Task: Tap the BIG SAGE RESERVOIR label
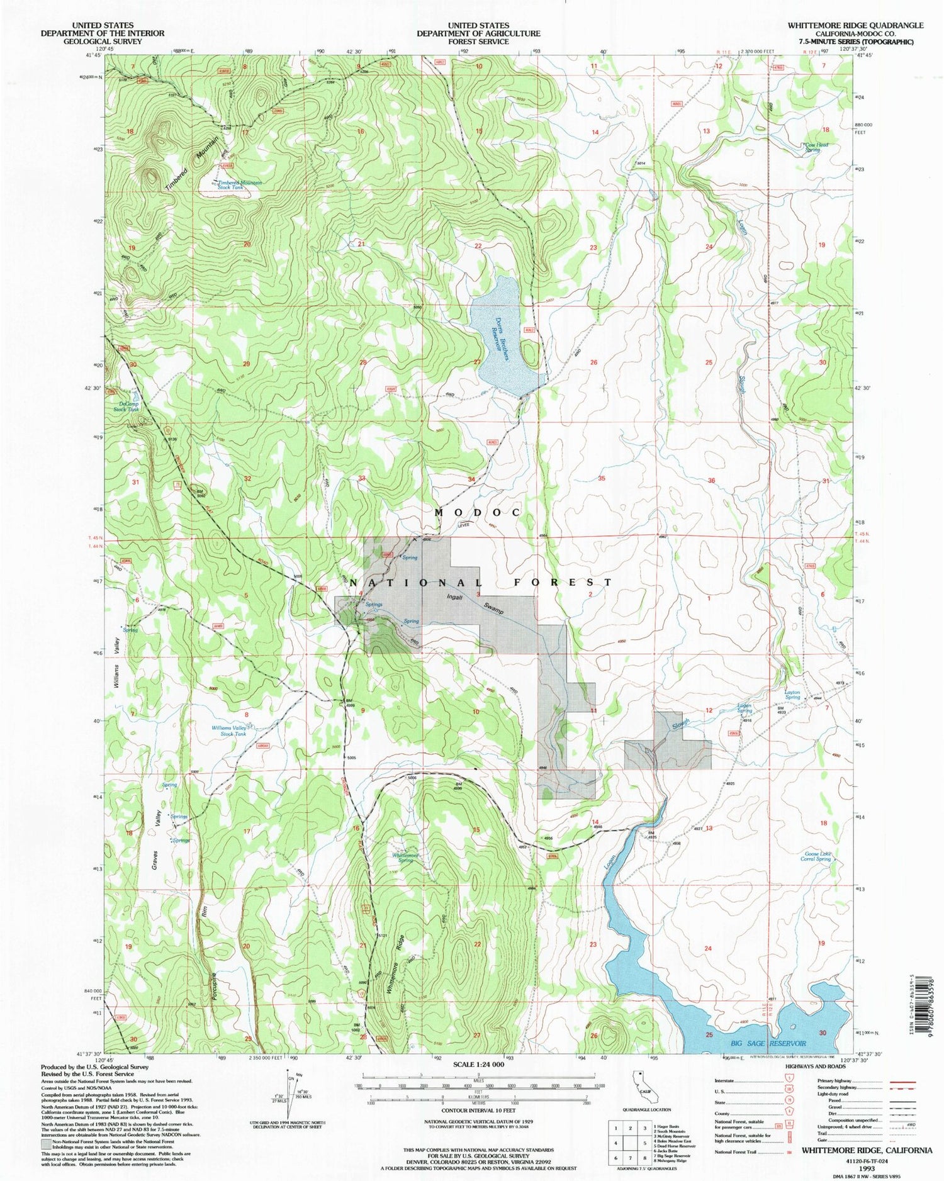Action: [x=768, y=1044]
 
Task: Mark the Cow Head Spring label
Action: [x=816, y=147]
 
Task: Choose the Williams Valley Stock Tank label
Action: [x=228, y=731]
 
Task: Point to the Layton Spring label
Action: [x=792, y=695]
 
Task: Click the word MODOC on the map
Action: [x=478, y=513]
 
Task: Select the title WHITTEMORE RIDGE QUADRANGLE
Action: [x=855, y=25]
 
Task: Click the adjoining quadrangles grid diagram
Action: [x=630, y=1140]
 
